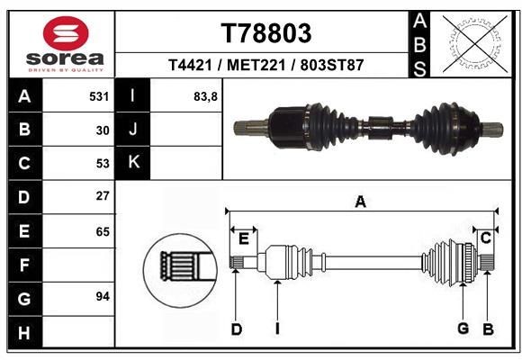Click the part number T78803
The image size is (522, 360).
pos(266,33)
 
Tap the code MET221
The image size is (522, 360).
pos(251,66)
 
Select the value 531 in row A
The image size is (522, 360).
pos(100,94)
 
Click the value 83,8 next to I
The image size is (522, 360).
pos(206,94)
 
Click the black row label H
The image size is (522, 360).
pos(23,334)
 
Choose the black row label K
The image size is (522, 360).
pos(133,163)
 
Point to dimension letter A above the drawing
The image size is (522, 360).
pos(361,202)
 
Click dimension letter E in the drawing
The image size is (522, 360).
pos(243,237)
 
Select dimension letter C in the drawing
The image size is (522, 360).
pos(485,238)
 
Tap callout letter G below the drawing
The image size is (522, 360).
pos(463,328)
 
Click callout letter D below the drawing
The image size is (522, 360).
pos(237,329)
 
